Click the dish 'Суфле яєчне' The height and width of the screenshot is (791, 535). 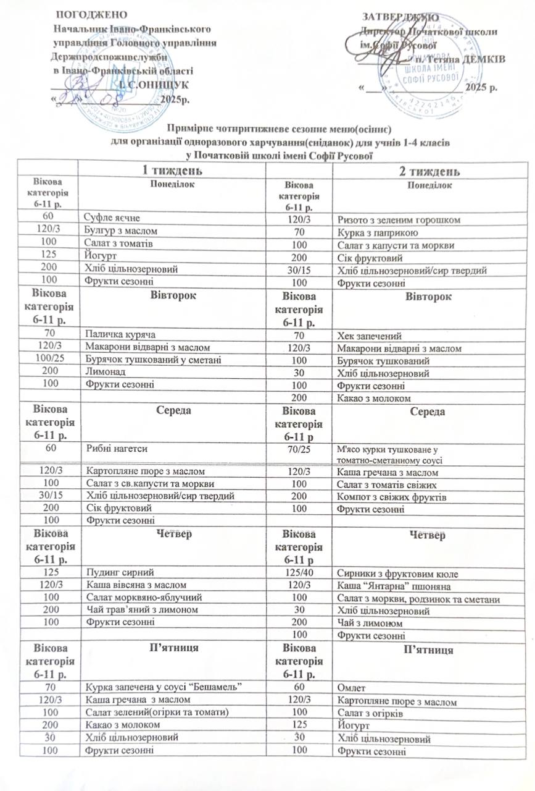click(112, 218)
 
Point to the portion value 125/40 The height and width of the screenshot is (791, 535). click(299, 573)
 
